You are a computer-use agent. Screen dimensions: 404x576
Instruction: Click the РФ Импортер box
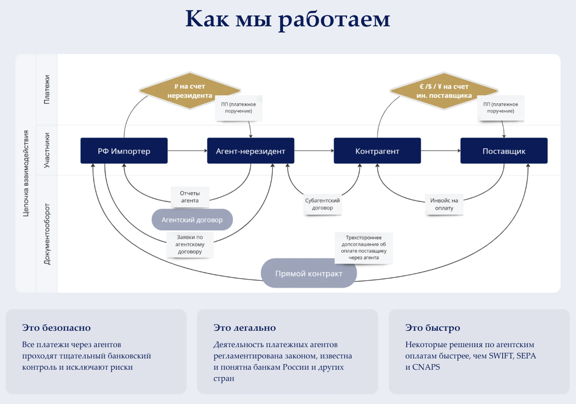coord(124,151)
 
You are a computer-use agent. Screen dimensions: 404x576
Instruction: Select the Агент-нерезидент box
coord(251,151)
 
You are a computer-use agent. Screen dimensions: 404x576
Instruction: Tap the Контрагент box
coord(377,151)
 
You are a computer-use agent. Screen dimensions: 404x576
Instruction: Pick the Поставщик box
coord(504,151)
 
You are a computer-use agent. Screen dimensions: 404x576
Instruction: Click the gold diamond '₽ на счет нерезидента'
coord(190,91)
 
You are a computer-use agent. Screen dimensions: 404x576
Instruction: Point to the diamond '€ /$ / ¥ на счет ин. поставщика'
coord(443,91)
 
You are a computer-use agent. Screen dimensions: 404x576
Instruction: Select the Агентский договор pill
coord(192,219)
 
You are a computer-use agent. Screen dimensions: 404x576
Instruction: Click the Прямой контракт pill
coord(308,273)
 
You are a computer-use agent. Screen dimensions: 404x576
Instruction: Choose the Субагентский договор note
coord(322,204)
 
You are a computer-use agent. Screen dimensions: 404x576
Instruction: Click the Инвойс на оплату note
coord(444,204)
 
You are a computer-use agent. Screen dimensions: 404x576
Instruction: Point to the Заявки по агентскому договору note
coord(189,244)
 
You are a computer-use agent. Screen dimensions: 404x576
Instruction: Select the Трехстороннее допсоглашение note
coord(363,248)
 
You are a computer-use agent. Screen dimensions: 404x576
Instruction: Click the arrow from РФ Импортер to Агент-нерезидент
coord(187,151)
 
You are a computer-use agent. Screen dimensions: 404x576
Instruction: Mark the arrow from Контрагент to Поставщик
coord(441,151)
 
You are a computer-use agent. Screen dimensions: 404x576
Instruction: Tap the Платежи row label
coord(47,89)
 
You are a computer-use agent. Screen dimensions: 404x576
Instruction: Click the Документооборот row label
coord(47,233)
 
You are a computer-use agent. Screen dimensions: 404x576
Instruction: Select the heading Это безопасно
coord(56,328)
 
